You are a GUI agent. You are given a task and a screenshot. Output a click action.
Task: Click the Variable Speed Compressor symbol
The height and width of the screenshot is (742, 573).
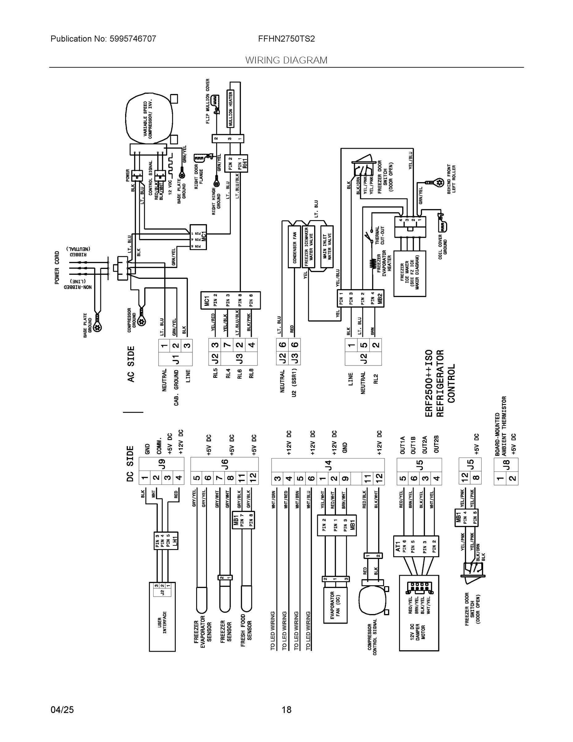148,119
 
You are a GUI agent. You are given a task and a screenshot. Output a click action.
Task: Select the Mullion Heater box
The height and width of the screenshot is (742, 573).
230,109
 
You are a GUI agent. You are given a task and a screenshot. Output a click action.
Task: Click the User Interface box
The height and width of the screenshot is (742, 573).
162,617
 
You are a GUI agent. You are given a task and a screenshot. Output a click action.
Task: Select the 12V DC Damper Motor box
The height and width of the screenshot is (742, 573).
419,613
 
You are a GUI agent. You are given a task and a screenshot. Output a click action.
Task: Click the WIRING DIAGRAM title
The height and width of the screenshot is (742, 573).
286,60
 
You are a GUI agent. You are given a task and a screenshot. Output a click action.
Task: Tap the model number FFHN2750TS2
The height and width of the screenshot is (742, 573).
286,39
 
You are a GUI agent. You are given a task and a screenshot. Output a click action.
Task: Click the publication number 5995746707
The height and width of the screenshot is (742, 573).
133,39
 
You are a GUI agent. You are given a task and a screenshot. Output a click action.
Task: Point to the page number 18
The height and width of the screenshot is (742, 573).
286,710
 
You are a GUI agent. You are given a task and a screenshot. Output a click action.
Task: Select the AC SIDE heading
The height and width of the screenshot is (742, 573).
131,364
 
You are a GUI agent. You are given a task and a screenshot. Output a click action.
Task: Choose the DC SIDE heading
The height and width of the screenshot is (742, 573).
130,464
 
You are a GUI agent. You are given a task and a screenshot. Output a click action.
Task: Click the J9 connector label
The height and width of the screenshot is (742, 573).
162,463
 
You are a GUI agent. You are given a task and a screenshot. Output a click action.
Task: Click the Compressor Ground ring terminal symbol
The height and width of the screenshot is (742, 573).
141,320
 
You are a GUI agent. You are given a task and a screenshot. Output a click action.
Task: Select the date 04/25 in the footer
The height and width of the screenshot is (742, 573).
62,710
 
